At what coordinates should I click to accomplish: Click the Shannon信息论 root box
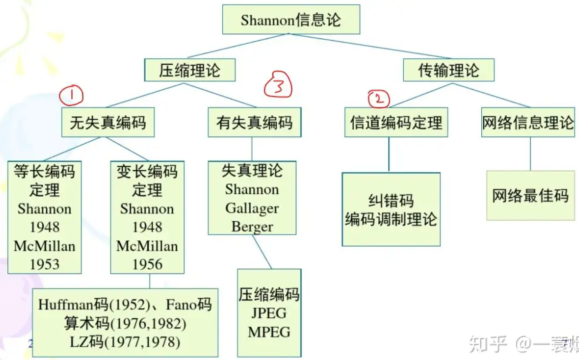click(291, 20)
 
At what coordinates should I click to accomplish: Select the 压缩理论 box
click(190, 70)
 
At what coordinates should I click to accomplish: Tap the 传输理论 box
click(448, 70)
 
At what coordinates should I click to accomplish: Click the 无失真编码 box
click(108, 123)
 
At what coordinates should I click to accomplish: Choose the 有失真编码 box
click(254, 123)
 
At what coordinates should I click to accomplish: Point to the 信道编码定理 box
click(396, 123)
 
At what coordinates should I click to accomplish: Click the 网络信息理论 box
click(528, 123)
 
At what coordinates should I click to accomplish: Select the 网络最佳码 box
click(530, 196)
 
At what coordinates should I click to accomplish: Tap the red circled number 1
click(71, 95)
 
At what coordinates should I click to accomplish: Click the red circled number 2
click(379, 99)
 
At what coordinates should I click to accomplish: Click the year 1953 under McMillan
click(45, 264)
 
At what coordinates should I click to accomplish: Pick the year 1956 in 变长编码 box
click(147, 264)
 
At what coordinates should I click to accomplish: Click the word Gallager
click(252, 208)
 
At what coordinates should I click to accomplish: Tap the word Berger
click(252, 227)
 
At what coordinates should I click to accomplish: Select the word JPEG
click(269, 313)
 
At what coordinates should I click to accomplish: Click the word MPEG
click(269, 332)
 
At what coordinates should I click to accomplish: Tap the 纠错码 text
click(391, 201)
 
